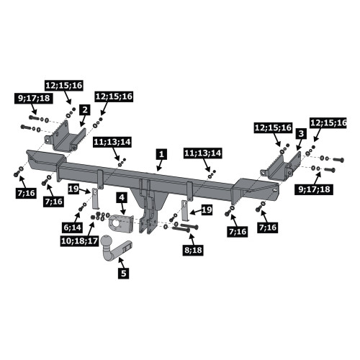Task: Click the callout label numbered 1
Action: [x=162, y=154]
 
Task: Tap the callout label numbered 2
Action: [x=85, y=110]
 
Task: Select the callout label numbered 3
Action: [x=302, y=134]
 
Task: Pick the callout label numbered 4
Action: [x=122, y=197]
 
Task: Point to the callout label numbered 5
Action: [x=123, y=273]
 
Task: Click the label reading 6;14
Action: [x=73, y=227]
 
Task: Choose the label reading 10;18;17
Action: [x=79, y=241]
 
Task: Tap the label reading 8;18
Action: [x=193, y=251]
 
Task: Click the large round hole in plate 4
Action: [x=116, y=224]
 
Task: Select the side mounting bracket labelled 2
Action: [x=65, y=140]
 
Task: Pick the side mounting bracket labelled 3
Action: [x=280, y=168]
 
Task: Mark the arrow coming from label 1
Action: [x=160, y=165]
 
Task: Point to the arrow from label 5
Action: [x=122, y=263]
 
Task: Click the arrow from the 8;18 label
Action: [x=191, y=239]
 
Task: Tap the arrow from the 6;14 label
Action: [x=77, y=217]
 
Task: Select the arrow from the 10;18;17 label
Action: [x=91, y=229]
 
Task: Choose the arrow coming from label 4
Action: [x=124, y=210]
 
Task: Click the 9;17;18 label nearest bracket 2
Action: [x=34, y=98]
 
